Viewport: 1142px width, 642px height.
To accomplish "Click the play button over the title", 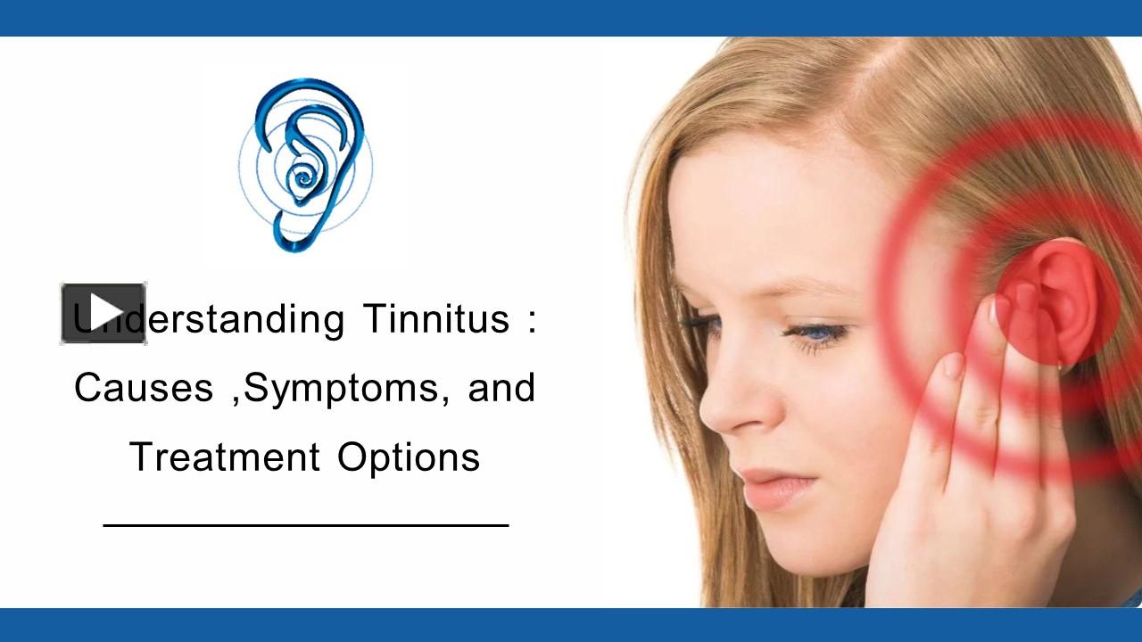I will [x=103, y=313].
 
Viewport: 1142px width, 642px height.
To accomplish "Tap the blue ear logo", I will [x=306, y=164].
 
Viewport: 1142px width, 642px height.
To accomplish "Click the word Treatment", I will [x=225, y=457].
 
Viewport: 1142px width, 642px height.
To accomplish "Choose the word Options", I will [x=409, y=458].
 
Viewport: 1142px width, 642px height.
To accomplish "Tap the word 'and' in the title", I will [x=501, y=388].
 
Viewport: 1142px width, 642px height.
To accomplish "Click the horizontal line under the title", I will [x=306, y=525].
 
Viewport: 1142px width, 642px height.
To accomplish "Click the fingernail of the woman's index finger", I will [x=954, y=365].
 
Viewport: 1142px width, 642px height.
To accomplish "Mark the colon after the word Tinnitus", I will [x=533, y=319].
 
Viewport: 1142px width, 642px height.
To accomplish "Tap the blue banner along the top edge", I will [x=571, y=18].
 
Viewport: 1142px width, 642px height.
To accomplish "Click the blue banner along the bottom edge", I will [x=571, y=624].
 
